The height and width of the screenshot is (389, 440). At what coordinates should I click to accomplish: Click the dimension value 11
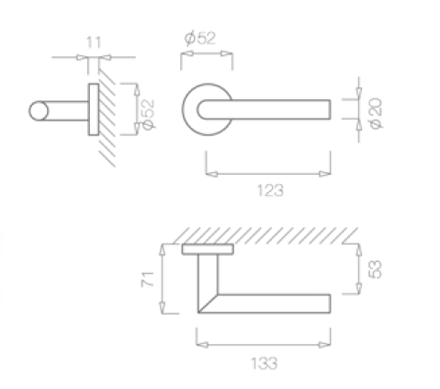(94, 42)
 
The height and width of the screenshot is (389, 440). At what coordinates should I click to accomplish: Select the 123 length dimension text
(270, 190)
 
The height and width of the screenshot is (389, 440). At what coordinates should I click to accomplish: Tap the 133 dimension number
(265, 363)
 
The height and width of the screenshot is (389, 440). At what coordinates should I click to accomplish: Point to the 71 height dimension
(148, 279)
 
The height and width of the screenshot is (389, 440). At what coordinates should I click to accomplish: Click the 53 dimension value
(376, 269)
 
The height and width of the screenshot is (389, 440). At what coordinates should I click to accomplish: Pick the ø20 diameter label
(376, 113)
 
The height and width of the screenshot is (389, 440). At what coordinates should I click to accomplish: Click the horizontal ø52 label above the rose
(200, 38)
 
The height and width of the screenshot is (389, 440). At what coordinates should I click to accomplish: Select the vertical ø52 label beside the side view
(149, 114)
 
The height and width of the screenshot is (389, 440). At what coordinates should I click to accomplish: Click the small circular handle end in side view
(39, 111)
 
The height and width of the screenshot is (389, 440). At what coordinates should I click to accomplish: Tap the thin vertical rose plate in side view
(94, 109)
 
